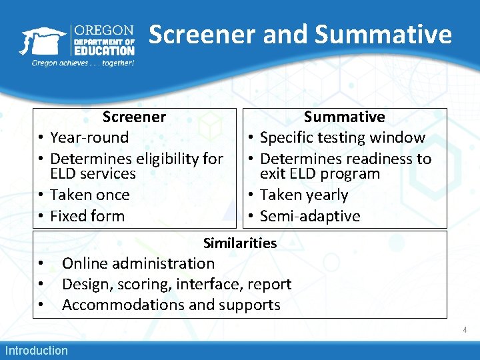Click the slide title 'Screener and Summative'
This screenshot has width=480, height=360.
click(300, 34)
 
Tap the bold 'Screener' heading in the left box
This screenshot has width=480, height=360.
click(134, 117)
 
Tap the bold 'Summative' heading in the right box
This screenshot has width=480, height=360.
click(344, 117)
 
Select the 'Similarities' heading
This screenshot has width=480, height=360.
click(240, 243)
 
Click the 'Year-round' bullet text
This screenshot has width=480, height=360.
click(89, 137)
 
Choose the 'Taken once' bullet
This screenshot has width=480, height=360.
click(89, 195)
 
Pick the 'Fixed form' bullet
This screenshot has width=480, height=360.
click(87, 216)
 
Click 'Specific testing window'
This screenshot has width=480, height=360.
click(342, 137)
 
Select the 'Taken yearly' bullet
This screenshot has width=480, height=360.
click(304, 195)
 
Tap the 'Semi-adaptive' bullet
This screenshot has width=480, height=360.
click(309, 216)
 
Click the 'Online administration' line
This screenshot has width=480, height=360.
click(138, 263)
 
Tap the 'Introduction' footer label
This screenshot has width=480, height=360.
click(37, 351)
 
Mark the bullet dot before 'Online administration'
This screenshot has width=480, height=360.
click(41, 264)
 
